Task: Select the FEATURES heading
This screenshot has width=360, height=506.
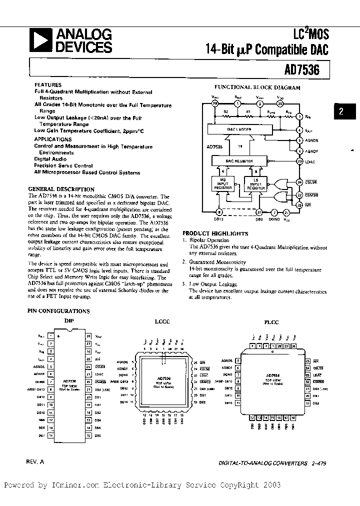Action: (x=48, y=85)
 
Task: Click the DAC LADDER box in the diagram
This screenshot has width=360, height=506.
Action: (x=240, y=129)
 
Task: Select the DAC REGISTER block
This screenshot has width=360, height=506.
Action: (x=240, y=161)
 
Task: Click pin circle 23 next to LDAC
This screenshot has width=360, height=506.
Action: (x=299, y=161)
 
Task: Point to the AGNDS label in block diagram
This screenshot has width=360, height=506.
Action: (x=312, y=140)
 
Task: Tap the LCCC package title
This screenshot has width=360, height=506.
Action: (x=162, y=321)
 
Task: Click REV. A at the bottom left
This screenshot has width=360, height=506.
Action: (x=35, y=462)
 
